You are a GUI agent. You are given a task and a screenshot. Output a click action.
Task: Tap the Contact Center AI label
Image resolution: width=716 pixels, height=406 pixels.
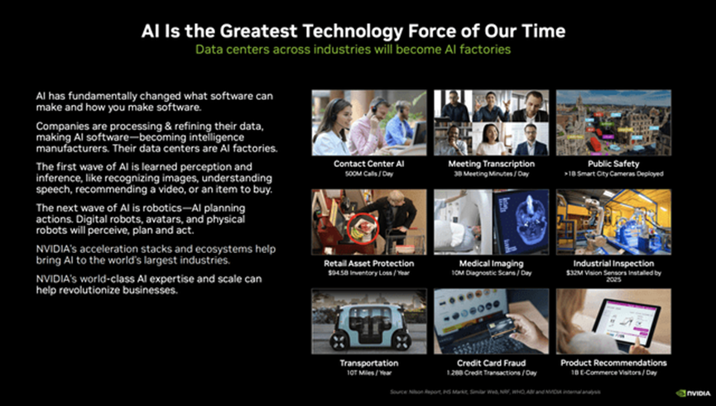pos(368,164)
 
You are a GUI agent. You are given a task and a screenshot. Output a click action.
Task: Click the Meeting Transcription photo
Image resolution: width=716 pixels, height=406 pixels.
pos(491,122)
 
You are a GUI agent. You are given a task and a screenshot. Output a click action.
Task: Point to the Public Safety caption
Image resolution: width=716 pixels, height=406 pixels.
pos(613,164)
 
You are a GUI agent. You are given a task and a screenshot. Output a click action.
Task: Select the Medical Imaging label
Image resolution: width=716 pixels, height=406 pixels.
pos(491,263)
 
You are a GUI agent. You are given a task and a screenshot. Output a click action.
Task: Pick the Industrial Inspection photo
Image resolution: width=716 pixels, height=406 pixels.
pos(613,222)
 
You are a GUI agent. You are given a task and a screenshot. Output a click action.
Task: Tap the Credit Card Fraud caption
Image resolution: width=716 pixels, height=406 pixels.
pos(491,363)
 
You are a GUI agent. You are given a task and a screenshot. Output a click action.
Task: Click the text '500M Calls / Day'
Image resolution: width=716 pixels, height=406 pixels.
pos(368,174)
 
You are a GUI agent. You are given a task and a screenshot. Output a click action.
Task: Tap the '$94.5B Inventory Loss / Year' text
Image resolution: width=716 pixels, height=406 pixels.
pos(368,274)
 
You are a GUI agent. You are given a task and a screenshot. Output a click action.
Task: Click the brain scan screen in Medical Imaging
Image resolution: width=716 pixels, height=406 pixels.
pos(521,222)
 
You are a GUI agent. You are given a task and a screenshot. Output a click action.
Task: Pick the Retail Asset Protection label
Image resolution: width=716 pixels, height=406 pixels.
pos(368,263)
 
